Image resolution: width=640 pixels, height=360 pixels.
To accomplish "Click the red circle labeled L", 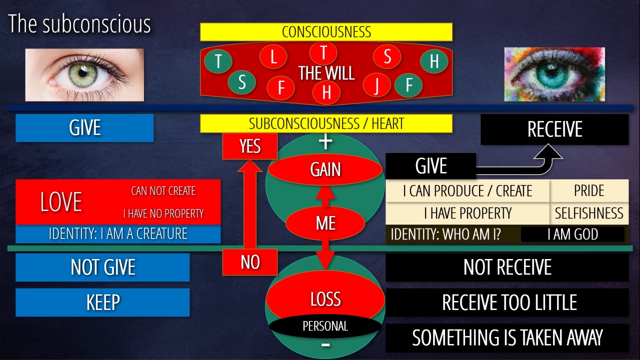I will [273, 56].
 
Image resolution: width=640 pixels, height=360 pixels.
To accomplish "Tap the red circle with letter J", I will [376, 84].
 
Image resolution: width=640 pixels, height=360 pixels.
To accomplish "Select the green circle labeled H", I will [433, 61].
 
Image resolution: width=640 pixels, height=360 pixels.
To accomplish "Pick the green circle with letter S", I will [242, 82].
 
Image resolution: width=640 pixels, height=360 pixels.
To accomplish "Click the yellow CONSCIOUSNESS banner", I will [326, 32].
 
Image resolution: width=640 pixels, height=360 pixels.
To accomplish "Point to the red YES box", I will [249, 146].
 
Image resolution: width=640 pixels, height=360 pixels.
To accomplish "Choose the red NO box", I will [249, 262].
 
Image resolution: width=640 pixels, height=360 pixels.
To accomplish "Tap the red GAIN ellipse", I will [325, 170].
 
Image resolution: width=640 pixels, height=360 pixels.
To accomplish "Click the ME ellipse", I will [325, 223].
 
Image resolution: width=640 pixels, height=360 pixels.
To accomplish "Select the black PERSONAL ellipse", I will [325, 326].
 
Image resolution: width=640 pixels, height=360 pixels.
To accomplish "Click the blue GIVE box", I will [84, 128].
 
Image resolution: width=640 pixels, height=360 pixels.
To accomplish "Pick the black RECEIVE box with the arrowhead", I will [554, 129].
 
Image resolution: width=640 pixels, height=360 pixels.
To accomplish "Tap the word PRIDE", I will [589, 191].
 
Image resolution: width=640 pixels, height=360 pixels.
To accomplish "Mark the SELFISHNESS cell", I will [589, 213].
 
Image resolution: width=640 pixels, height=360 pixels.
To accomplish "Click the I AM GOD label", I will [572, 234].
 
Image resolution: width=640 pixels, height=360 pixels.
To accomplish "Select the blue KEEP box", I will [102, 302].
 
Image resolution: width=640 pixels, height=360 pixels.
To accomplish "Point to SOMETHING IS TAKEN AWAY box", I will [507, 337].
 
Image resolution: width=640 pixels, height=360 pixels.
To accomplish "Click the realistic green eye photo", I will [84, 74].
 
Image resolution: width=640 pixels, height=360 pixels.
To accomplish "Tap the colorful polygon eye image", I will [554, 74].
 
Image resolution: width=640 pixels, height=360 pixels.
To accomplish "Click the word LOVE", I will [61, 202].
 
